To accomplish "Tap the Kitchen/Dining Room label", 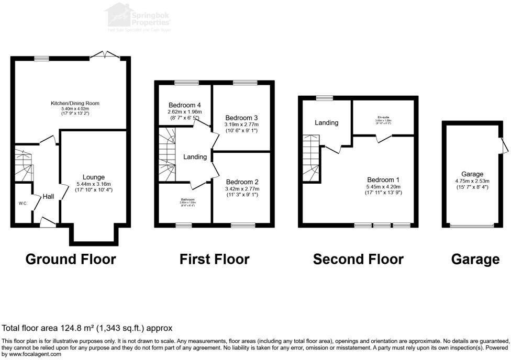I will pyautogui.click(x=75, y=103).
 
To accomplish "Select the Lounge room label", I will pyautogui.click(x=93, y=177).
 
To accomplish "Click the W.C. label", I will pyautogui.click(x=23, y=204).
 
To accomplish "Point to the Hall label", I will pyautogui.click(x=49, y=196).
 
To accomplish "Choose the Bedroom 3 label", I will pyautogui.click(x=241, y=118).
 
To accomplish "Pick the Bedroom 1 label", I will pyautogui.click(x=384, y=187).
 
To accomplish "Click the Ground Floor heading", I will pyautogui.click(x=71, y=259).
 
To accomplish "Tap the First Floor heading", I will pyautogui.click(x=214, y=259).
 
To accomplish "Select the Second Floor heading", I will pyautogui.click(x=358, y=259).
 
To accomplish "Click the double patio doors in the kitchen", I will pyautogui.click(x=105, y=54).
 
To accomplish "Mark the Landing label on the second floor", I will pyautogui.click(x=326, y=123).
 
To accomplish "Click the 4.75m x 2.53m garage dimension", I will pyautogui.click(x=472, y=181).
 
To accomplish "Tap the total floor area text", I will pyautogui.click(x=87, y=328).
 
